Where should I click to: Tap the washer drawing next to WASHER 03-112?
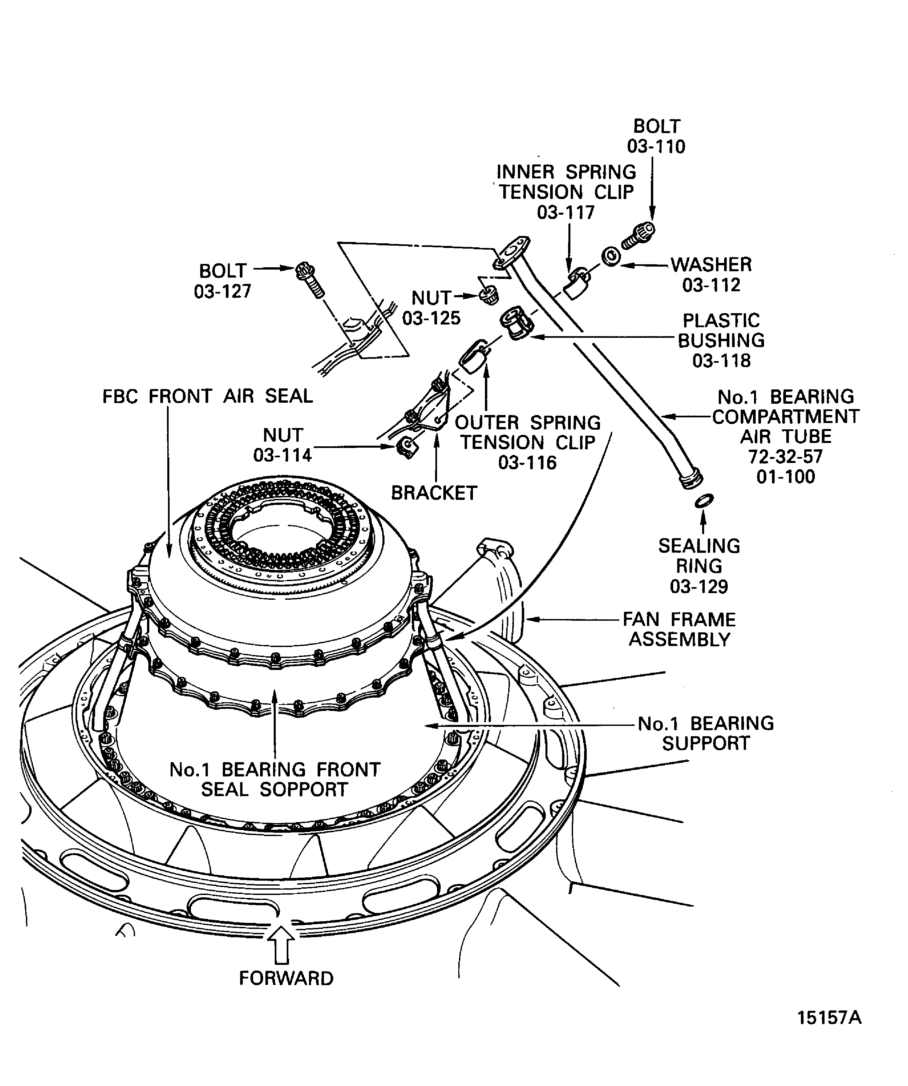611,257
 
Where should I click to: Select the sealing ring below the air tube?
703,500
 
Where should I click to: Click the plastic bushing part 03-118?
517,323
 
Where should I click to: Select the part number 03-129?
699,586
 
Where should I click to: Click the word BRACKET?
434,493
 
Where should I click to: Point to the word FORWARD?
286,978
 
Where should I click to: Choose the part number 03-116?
527,462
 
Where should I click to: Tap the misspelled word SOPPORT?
303,790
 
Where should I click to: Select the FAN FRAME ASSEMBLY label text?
679,629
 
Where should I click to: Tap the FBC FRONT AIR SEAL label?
208,397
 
